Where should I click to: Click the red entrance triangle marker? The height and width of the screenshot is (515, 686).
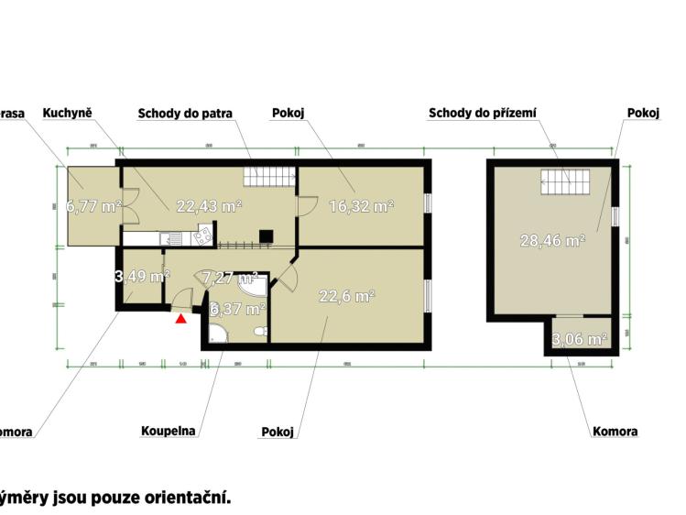[x=181, y=319]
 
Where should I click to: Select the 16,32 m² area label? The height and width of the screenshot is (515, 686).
[x=361, y=206]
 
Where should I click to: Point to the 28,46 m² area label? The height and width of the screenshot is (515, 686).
[x=553, y=241]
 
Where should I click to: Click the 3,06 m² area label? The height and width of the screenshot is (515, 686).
[x=579, y=339]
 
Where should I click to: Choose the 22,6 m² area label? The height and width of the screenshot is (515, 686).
[x=346, y=296]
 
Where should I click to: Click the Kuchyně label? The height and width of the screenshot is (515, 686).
[x=71, y=114]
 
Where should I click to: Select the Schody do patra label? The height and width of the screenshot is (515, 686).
[x=185, y=114]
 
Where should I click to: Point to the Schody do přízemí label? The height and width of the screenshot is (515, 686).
[x=482, y=114]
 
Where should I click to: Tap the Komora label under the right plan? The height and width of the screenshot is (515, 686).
[x=615, y=431]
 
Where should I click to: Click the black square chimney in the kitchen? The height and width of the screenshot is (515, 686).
[x=265, y=236]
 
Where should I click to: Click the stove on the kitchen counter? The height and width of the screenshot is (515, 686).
[x=203, y=238]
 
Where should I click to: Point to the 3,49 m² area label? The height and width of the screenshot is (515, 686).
[x=141, y=276]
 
